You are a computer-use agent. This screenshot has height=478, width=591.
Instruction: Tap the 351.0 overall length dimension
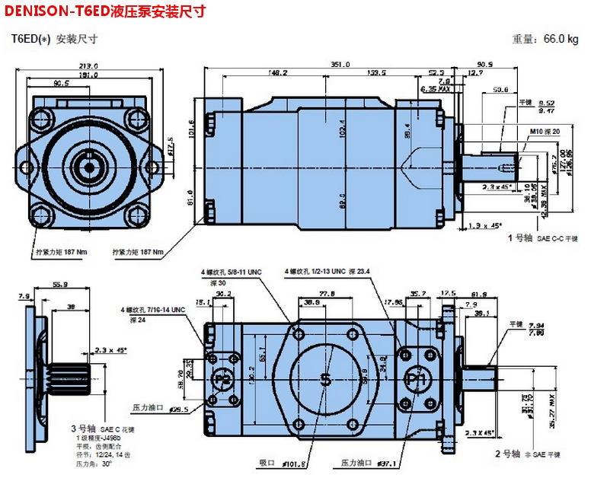point(340,65)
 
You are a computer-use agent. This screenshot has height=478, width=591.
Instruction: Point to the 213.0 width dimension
point(90,65)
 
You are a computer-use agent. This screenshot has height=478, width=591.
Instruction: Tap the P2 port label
point(222,378)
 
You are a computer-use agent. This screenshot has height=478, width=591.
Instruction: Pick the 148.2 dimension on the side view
point(277,73)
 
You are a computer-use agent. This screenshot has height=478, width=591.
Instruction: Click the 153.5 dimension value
point(376,73)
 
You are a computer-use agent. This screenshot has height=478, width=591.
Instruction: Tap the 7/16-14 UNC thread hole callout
point(152,310)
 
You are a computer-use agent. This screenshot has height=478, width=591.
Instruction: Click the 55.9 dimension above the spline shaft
point(60,284)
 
